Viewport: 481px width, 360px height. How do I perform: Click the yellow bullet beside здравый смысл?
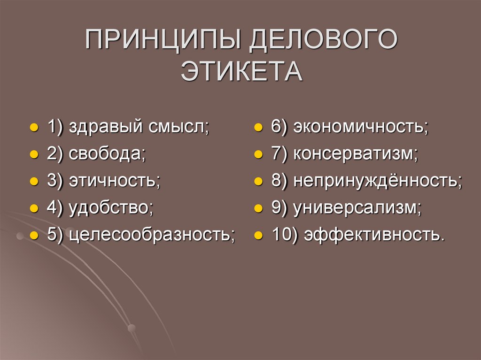34,128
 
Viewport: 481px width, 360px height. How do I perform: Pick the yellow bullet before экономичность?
258,128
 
